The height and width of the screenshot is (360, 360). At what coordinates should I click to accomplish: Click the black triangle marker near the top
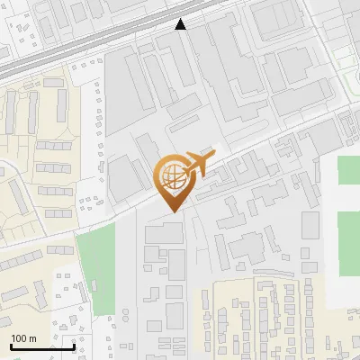click(181, 25)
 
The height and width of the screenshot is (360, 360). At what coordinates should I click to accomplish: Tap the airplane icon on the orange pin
click(197, 165)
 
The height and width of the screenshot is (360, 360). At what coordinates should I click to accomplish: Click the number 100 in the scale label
click(19, 338)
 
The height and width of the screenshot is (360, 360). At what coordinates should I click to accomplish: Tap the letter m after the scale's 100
click(33, 338)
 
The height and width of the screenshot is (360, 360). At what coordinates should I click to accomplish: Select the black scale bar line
click(42, 346)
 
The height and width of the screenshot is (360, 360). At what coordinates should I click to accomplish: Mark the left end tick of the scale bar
click(11, 345)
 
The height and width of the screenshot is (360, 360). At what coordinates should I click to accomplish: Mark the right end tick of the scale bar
click(74, 345)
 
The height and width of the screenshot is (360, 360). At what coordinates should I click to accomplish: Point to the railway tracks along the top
click(108, 40)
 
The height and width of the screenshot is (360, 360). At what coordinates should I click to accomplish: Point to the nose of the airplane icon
click(213, 158)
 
